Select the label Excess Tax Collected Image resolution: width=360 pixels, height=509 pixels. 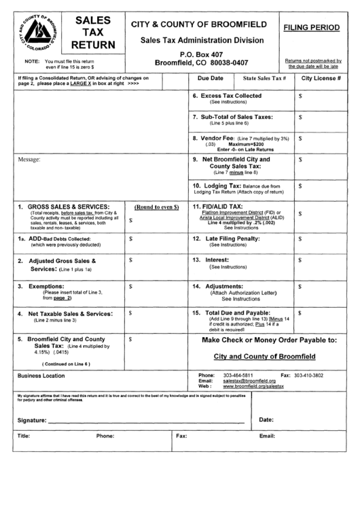(236, 96)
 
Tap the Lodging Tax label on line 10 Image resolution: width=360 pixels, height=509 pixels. (217, 185)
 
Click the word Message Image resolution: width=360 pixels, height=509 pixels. (29, 160)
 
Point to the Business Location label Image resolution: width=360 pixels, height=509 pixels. (41, 375)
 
